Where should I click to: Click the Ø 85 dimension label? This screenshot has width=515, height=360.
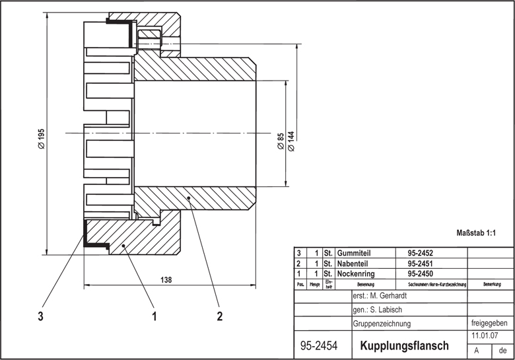[x=281, y=141]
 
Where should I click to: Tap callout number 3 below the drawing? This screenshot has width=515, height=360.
[x=41, y=316]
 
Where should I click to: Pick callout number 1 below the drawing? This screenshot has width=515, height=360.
[x=154, y=316]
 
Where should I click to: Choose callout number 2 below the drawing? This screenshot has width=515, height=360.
[x=219, y=316]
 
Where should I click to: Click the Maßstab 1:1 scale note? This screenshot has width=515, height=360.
[x=476, y=233]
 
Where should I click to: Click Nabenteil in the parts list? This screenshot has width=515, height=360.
[x=355, y=263]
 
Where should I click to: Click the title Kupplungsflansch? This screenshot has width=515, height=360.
[x=404, y=345]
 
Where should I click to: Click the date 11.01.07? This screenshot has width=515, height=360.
[x=484, y=336]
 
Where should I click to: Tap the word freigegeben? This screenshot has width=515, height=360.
[x=490, y=323]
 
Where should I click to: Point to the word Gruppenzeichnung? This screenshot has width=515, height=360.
[x=382, y=324]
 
